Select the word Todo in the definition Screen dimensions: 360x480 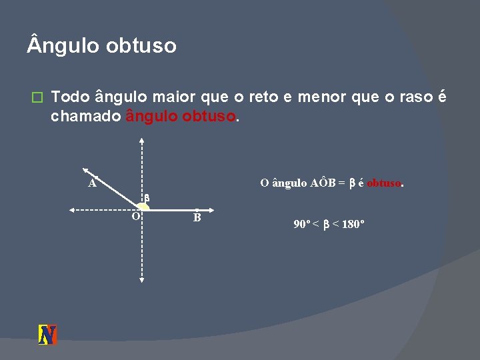(70, 98)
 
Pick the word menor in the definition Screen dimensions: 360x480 (321, 98)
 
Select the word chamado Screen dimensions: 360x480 (85, 117)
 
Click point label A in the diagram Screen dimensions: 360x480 (93, 182)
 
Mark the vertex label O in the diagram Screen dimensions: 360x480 (135, 217)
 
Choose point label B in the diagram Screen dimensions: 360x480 (197, 217)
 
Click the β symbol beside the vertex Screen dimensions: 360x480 (147, 198)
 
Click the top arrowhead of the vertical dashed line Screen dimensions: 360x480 (142, 141)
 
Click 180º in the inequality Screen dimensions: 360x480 (352, 225)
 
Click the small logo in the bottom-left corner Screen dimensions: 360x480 (47, 334)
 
